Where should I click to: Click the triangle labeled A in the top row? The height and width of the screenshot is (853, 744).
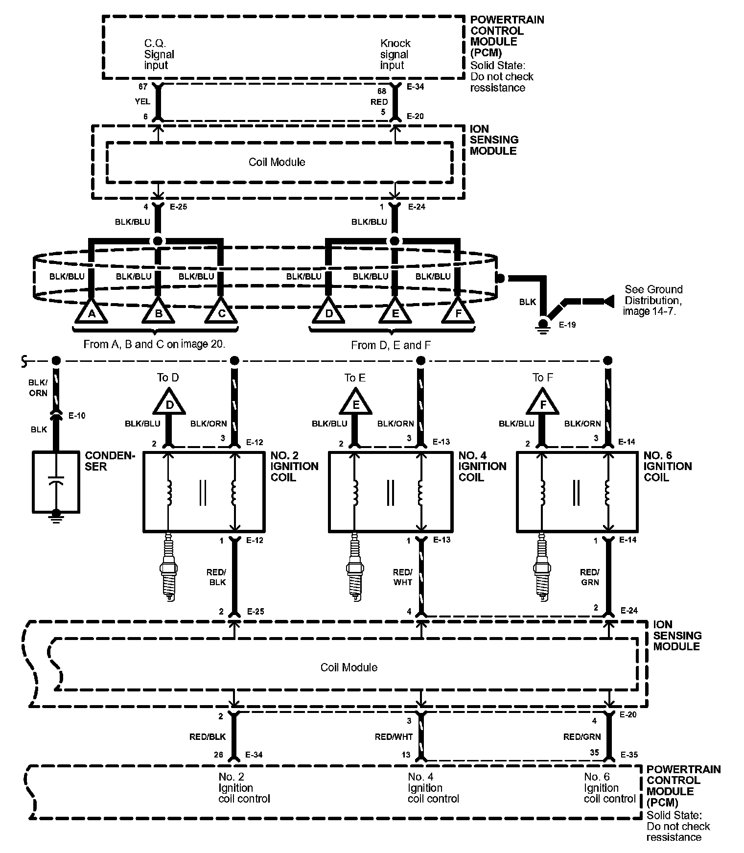point(91,312)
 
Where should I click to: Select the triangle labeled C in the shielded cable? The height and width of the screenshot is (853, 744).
point(221,312)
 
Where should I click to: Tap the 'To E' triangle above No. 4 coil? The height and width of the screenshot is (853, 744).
point(356,403)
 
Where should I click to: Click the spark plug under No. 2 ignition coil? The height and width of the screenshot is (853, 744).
point(168,567)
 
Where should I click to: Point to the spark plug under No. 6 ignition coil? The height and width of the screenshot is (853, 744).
point(542,567)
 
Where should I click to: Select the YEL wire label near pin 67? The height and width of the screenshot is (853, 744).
point(142,101)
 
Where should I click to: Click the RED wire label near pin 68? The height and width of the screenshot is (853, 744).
point(379,102)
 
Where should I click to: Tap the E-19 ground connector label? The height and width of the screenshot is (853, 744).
point(567,325)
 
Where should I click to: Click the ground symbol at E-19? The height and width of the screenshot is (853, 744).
point(542,326)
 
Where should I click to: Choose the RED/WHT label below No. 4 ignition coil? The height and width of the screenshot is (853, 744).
point(403,577)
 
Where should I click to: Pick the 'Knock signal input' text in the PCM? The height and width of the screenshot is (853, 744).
point(395,54)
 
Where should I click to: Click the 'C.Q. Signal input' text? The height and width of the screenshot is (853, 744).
point(159,54)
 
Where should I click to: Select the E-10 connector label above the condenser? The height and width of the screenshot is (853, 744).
point(77,416)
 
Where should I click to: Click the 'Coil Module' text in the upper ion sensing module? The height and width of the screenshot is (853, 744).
point(277,162)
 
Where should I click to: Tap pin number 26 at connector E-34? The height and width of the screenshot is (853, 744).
point(218,755)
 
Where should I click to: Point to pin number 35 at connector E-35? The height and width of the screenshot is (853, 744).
point(594,753)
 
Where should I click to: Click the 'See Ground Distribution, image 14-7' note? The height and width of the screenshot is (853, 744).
point(652,300)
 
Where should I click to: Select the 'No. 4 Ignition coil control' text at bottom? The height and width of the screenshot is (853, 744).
point(433,788)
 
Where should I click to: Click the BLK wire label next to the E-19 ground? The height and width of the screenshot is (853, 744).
point(527,302)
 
